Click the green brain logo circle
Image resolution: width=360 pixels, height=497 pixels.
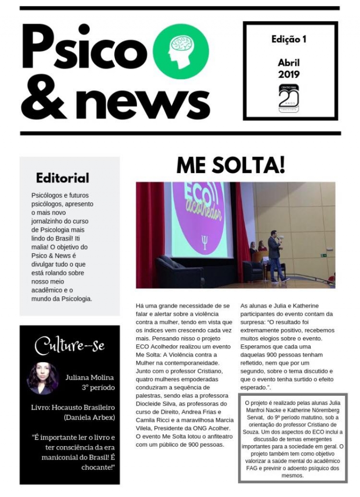[181, 52]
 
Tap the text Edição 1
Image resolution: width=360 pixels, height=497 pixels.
[288, 40]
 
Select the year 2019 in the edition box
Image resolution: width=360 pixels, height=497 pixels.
[288, 74]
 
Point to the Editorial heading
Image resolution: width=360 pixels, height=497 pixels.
[63, 178]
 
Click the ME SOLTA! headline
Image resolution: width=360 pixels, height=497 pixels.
[230, 166]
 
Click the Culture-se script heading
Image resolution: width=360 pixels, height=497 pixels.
[70, 345]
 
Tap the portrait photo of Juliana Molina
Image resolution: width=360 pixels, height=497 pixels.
[43, 378]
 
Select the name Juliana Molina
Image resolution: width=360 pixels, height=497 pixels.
[90, 377]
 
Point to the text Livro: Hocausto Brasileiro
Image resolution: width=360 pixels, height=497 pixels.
[73, 407]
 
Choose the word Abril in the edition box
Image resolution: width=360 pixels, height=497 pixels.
[288, 63]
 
